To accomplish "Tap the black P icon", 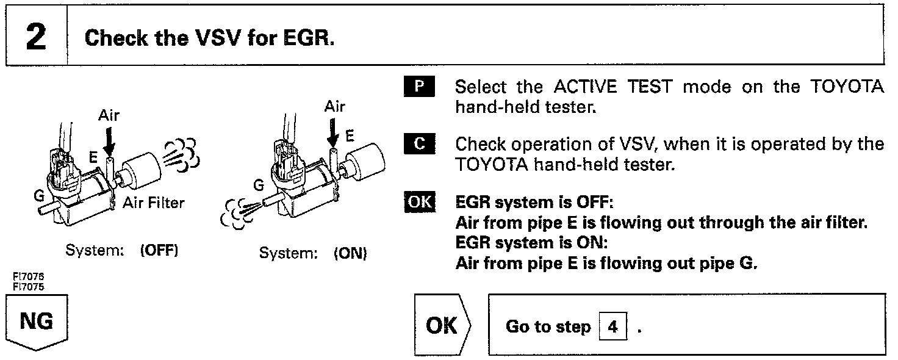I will pyautogui.click(x=418, y=87).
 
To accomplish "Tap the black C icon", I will pyautogui.click(x=418, y=145).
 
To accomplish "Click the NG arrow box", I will pyautogui.click(x=37, y=322).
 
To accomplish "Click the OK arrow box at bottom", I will pyautogui.click(x=442, y=325).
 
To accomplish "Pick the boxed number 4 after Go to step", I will pyautogui.click(x=612, y=327).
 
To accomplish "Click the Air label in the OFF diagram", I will pyautogui.click(x=110, y=116).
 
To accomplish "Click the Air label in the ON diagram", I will pyautogui.click(x=335, y=107).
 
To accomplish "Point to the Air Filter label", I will pyautogui.click(x=153, y=203).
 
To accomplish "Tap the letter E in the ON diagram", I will pyautogui.click(x=350, y=137).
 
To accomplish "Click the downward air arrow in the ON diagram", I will pyautogui.click(x=332, y=132).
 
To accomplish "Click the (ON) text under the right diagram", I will pyautogui.click(x=350, y=253).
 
